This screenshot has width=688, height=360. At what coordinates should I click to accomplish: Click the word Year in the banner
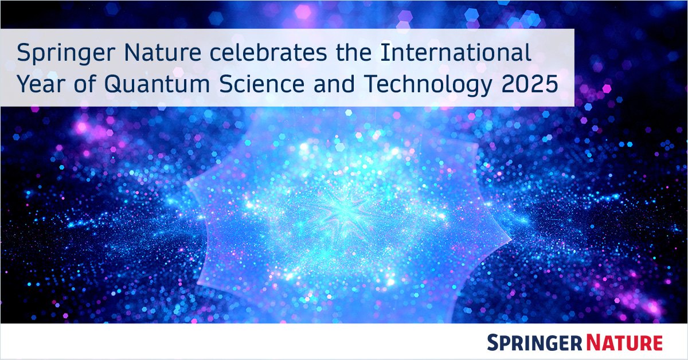39,85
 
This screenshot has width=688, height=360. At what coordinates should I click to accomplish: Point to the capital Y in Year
24,85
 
